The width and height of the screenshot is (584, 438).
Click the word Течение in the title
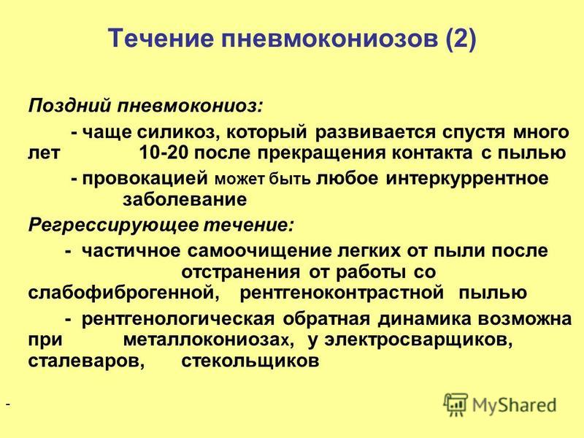pos(161,38)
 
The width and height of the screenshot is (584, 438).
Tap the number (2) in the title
pos(461,39)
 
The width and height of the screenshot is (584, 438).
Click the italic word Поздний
pos(69,105)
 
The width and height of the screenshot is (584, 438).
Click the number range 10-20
pos(162,153)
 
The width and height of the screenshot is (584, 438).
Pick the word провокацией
pos(145,179)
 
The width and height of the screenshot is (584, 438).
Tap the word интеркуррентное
pos(467,179)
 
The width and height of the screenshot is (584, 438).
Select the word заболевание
pos(185,199)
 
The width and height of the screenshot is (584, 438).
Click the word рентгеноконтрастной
pos(342,293)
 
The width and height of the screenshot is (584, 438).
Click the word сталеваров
pos(86,361)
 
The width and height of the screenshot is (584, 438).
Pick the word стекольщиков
pos(250,361)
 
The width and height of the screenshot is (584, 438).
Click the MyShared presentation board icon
pos(456,404)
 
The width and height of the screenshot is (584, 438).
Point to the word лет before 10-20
pos(44,153)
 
